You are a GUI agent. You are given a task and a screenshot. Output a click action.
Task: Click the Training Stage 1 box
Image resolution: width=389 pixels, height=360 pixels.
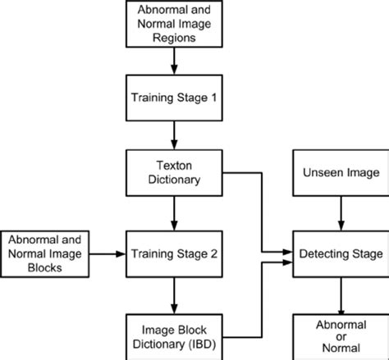click(174, 97)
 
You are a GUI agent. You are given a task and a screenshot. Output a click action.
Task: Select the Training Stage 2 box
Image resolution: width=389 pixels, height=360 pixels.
click(174, 254)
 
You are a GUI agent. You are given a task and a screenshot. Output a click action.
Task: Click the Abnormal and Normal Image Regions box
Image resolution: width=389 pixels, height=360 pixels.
click(174, 24)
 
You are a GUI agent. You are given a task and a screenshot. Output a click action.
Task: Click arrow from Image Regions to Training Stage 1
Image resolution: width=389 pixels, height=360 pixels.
click(174, 61)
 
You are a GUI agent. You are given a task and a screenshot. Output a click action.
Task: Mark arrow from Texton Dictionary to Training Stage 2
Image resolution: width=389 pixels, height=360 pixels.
click(174, 213)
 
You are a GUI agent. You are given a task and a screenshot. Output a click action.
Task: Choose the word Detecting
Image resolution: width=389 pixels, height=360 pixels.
click(324, 254)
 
